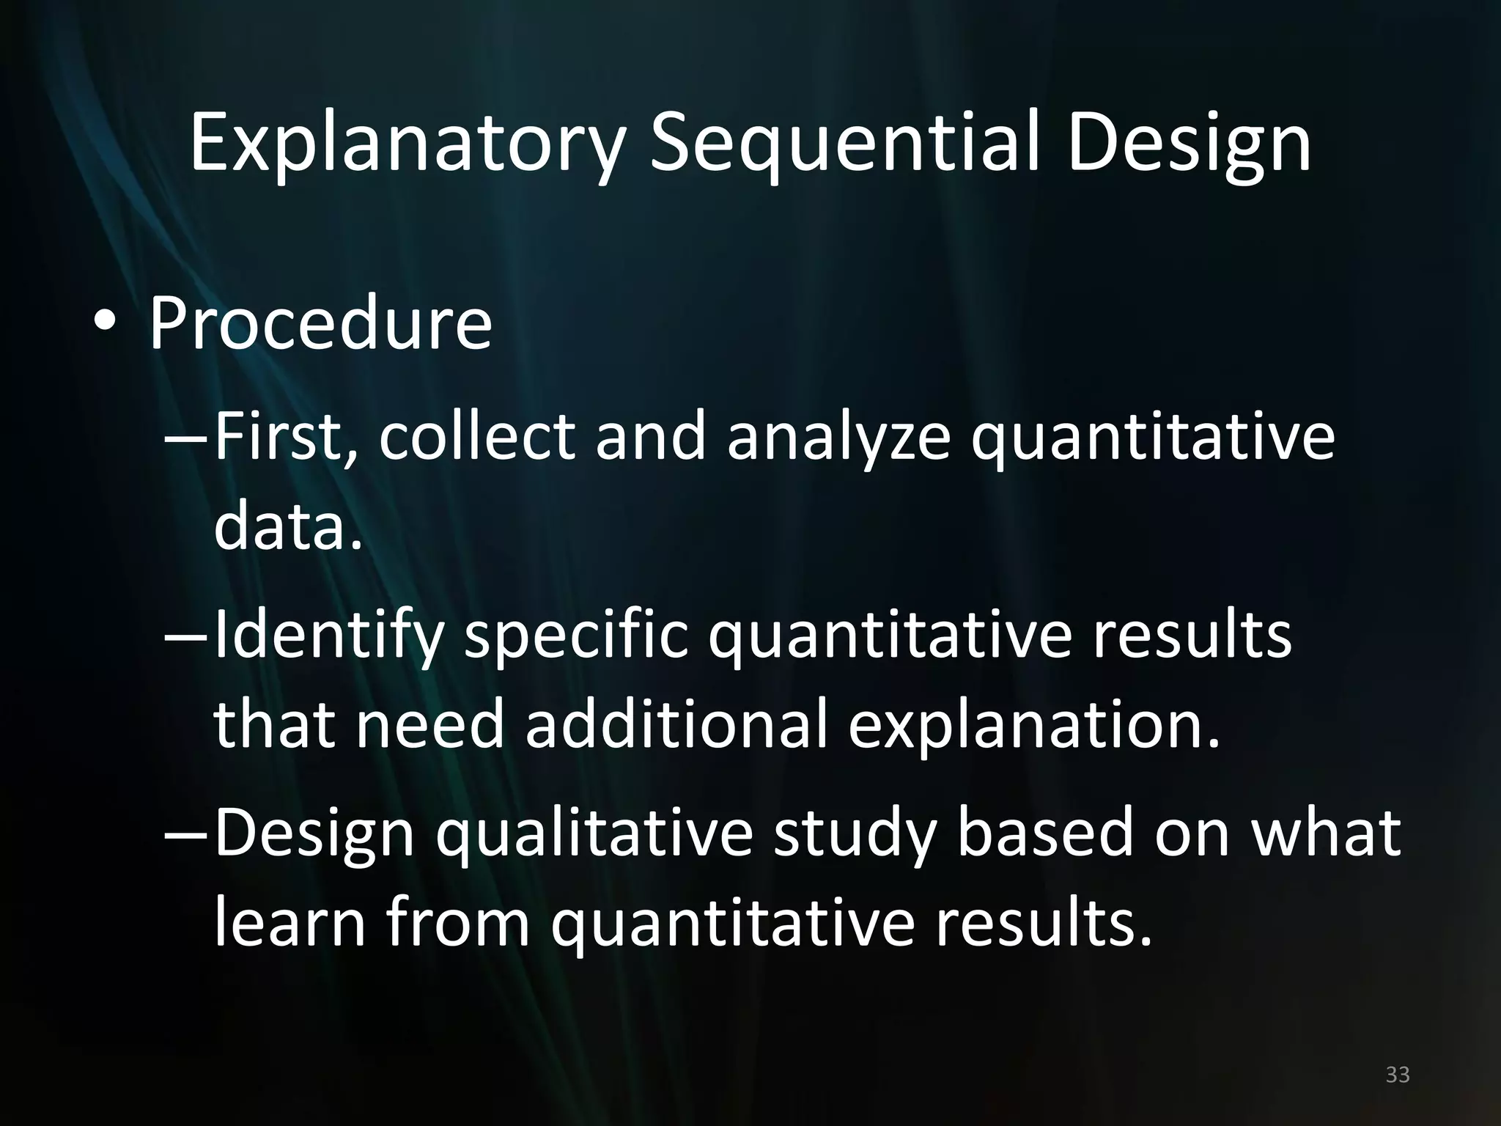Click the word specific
coord(576,636)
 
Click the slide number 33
coord(1398,1075)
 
